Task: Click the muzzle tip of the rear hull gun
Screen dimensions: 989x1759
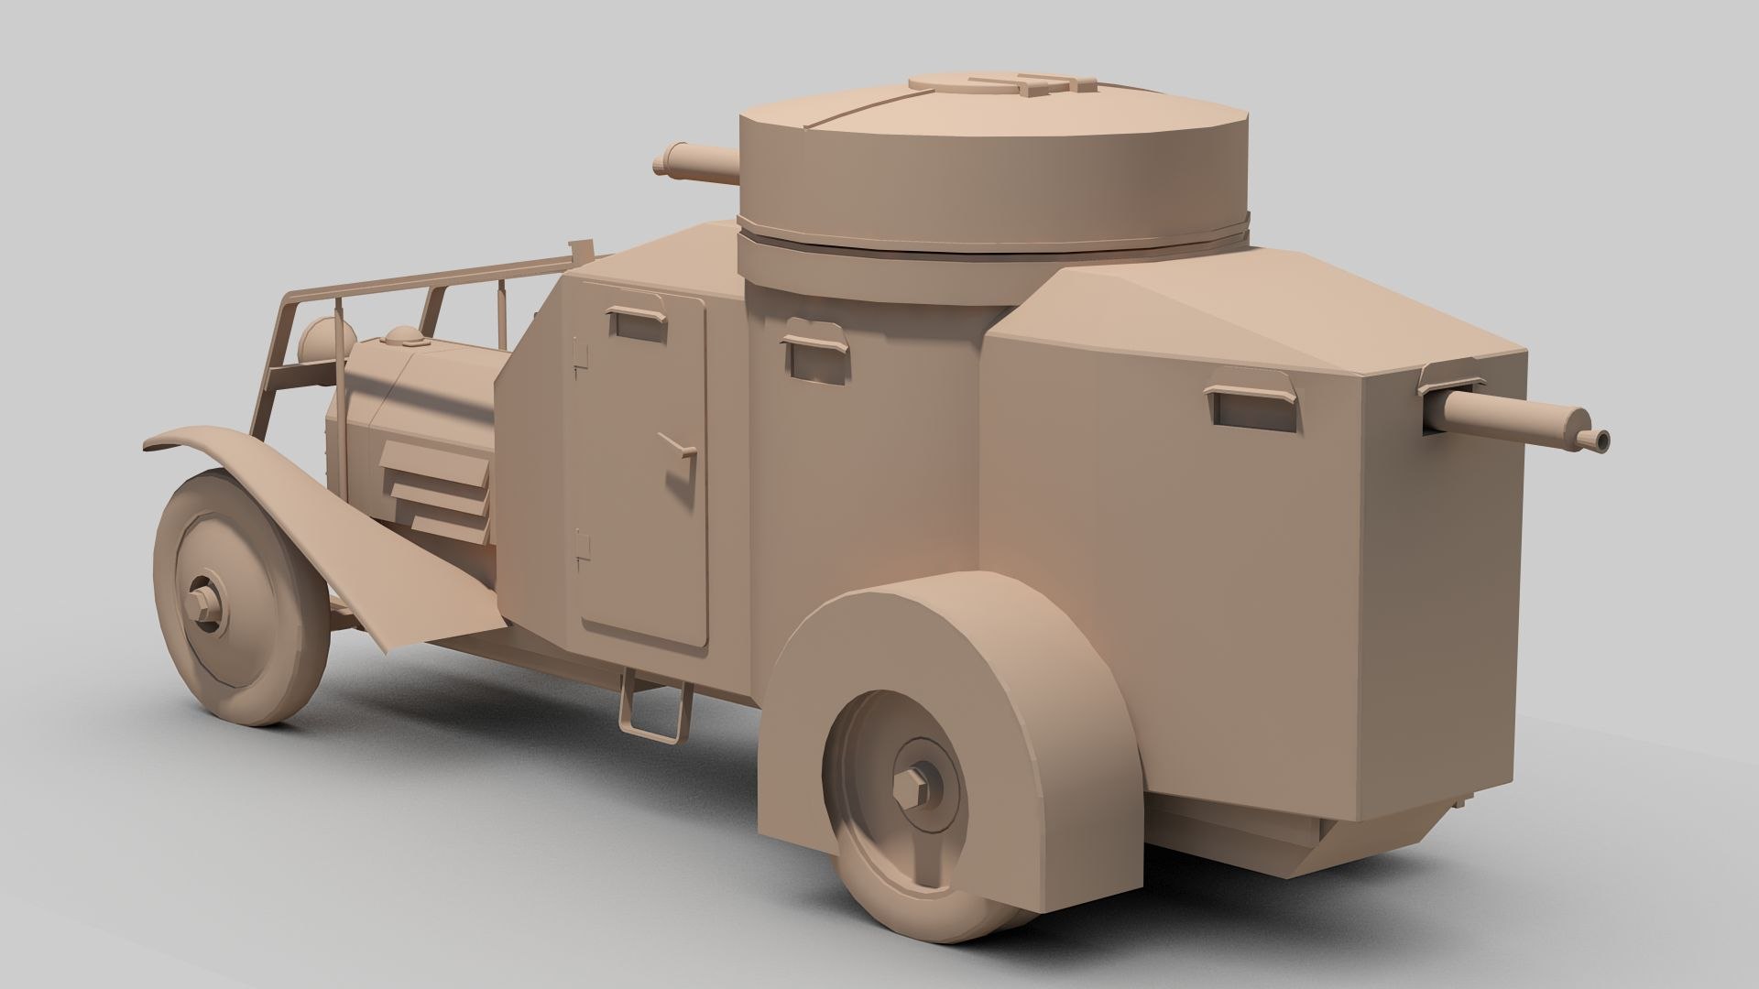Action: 1601,440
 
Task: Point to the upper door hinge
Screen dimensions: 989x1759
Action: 578,360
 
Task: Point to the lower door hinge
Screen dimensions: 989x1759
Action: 581,547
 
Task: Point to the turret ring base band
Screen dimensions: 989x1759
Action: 994,240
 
